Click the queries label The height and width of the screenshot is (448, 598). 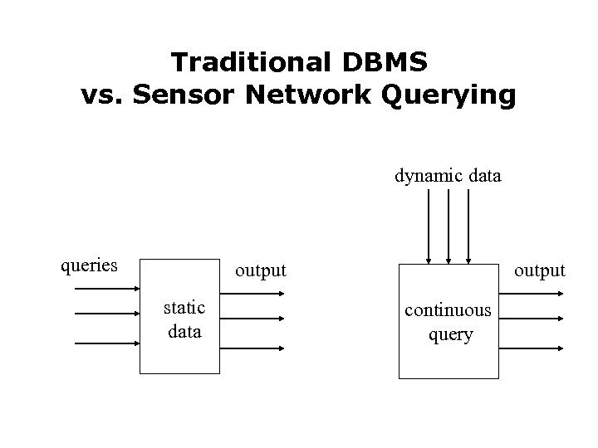[x=89, y=266]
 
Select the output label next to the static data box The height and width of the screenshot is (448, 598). [x=260, y=271]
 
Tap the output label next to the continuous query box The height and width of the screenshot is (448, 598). [x=540, y=271]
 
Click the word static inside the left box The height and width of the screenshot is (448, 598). [x=184, y=308]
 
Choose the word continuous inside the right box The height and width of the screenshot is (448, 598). [x=448, y=310]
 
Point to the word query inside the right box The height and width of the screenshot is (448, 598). [x=450, y=334]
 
